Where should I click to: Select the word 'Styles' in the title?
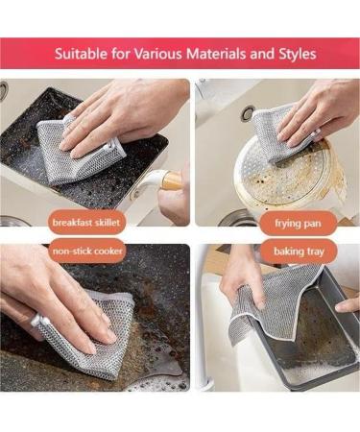point(295,54)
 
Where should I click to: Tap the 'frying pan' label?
point(292,222)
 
